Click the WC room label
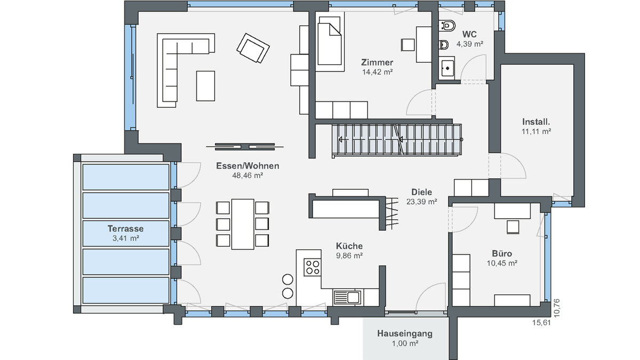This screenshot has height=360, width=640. [469, 34]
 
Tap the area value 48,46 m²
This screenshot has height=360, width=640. [247, 175]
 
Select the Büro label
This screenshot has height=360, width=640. [502, 253]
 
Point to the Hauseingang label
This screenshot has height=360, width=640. [405, 333]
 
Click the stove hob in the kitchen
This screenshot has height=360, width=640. [313, 267]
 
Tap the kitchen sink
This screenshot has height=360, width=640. [347, 298]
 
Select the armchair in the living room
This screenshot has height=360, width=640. [253, 48]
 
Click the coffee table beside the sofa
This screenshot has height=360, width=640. [205, 86]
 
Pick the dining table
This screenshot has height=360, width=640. [243, 225]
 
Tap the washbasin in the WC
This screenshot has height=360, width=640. [447, 68]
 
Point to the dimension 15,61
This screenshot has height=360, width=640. [541, 323]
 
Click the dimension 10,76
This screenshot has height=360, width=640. [557, 308]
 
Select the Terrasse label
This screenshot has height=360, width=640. [125, 229]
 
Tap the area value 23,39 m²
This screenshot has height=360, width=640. [422, 202]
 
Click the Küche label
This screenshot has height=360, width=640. [349, 246]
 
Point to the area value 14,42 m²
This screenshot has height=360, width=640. [378, 72]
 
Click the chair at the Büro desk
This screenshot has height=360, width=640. [513, 227]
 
